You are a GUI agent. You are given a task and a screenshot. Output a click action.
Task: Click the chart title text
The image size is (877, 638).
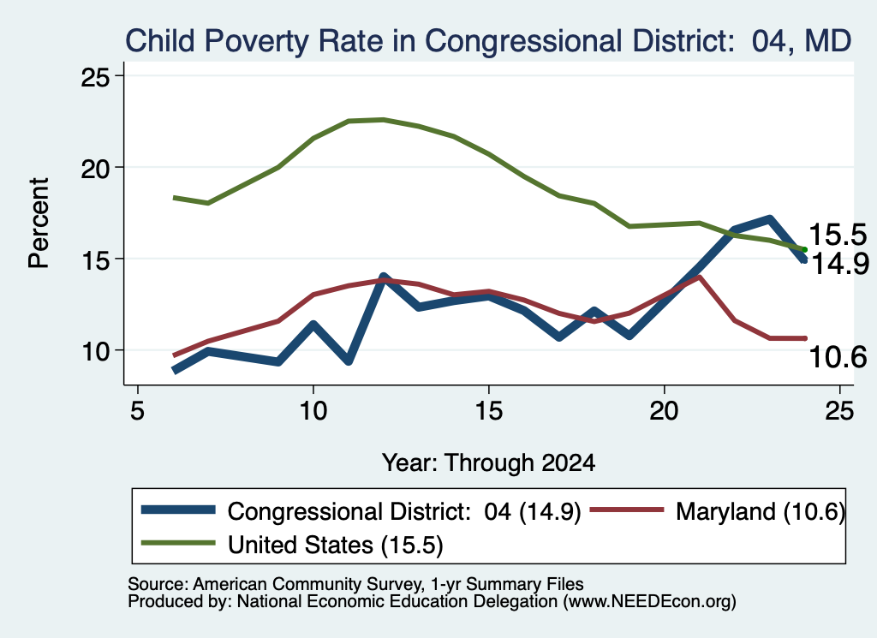(x=488, y=41)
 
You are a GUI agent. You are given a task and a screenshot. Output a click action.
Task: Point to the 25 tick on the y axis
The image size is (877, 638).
(x=94, y=76)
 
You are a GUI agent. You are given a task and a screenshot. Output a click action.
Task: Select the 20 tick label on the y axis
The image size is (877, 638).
(x=94, y=168)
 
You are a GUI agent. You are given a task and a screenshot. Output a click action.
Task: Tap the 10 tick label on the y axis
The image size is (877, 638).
(x=94, y=350)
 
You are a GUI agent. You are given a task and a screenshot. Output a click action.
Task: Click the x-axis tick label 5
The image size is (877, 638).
(x=138, y=412)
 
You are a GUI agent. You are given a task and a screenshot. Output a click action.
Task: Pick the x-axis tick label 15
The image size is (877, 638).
(x=489, y=412)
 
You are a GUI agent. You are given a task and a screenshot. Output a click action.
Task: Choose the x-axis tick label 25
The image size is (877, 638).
(x=839, y=412)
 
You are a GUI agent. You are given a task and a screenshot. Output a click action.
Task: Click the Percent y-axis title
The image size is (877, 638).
(x=39, y=224)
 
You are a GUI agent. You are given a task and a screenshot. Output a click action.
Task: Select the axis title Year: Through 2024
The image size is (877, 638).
(x=488, y=463)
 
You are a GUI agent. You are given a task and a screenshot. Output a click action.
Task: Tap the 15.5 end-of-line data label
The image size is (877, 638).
(x=838, y=235)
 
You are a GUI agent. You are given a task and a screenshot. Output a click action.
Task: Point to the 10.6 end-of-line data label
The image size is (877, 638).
(x=838, y=357)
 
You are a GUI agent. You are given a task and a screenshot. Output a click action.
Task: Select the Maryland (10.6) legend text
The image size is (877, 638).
(x=761, y=511)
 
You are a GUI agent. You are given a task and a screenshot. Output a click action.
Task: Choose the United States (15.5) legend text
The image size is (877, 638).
(x=336, y=545)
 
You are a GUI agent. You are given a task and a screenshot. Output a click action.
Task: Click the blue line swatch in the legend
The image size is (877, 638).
(x=178, y=510)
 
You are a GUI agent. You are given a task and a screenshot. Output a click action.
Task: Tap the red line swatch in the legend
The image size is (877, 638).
(x=627, y=510)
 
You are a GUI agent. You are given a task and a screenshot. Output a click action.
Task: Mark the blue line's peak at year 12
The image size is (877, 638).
(x=383, y=277)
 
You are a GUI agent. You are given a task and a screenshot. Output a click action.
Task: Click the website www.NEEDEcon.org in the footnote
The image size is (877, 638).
(x=649, y=601)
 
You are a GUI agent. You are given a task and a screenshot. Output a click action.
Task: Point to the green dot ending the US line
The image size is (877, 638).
(x=804, y=249)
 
